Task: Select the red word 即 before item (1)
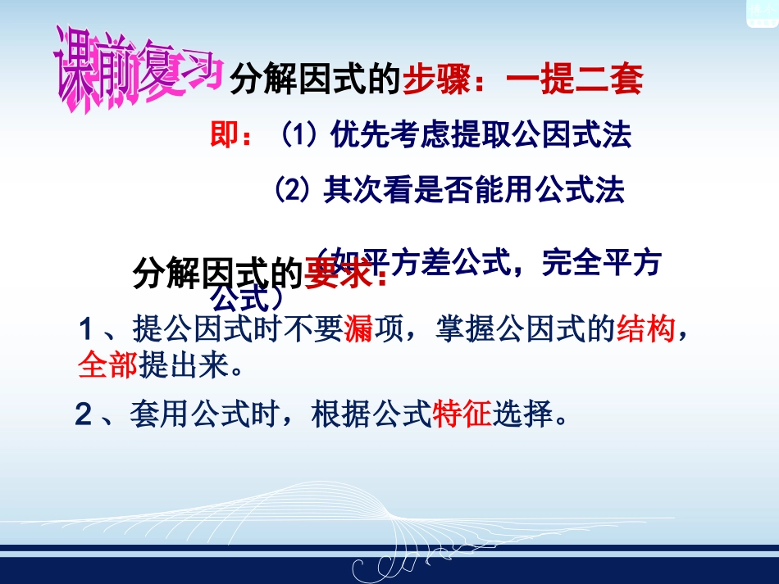point(222,136)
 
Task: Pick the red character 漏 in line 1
point(358,330)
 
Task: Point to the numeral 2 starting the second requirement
point(83,415)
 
